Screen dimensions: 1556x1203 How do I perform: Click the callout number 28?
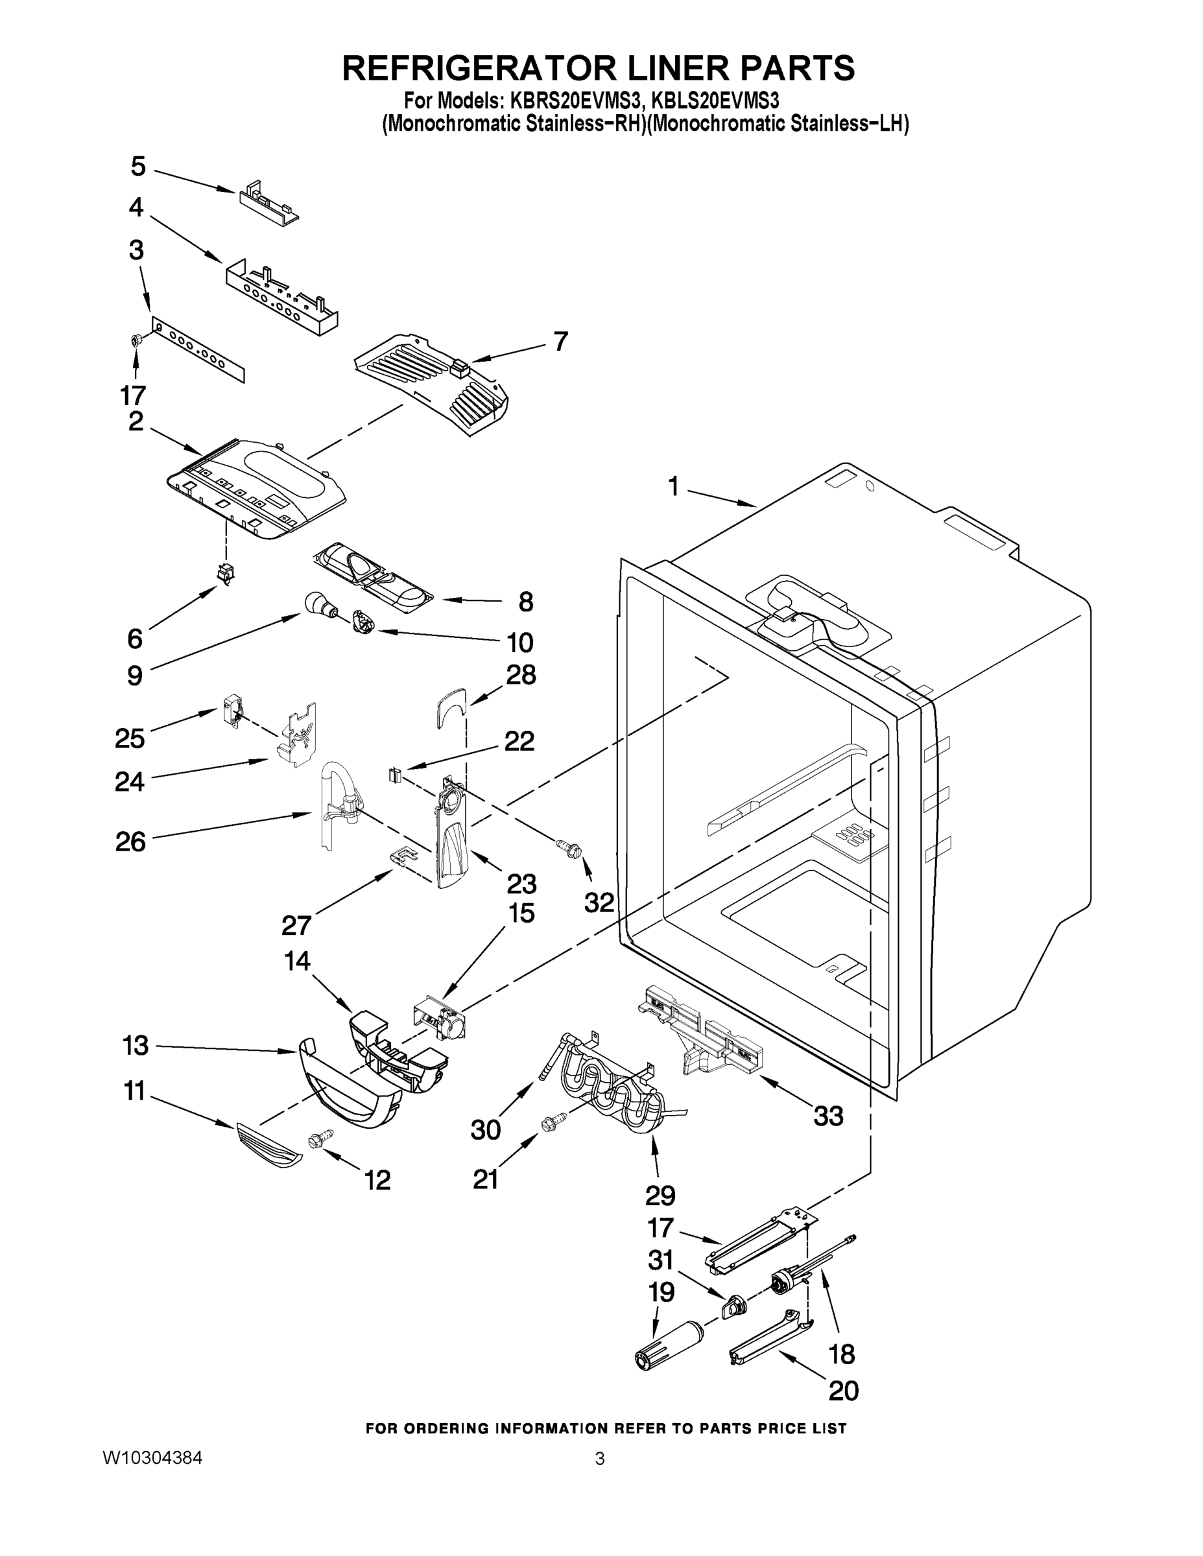[x=521, y=675]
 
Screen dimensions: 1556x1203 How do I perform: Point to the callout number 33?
[x=828, y=1116]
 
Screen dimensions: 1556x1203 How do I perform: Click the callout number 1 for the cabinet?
[x=673, y=487]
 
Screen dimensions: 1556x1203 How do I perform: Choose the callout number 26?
[x=130, y=842]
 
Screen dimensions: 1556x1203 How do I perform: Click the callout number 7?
[x=561, y=341]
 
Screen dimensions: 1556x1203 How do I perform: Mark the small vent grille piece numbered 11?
[x=268, y=1145]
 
